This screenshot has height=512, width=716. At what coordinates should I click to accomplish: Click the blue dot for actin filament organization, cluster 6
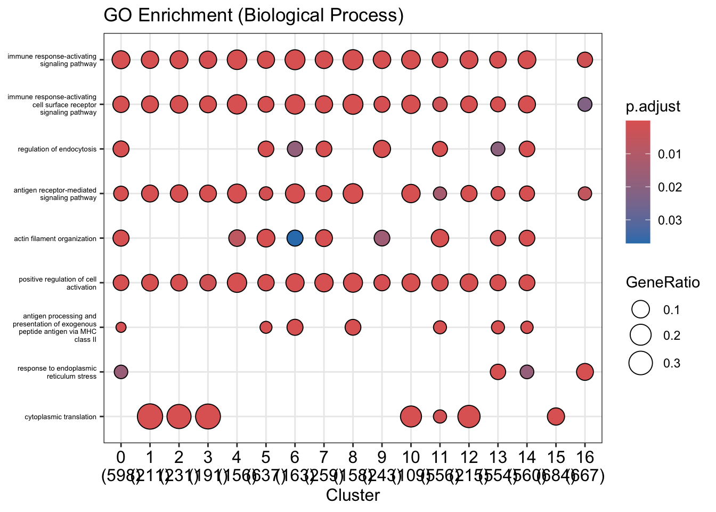[x=295, y=238]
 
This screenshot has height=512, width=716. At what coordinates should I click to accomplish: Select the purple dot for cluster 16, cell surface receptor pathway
[x=585, y=104]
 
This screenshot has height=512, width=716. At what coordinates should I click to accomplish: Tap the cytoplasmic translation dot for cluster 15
[x=556, y=417]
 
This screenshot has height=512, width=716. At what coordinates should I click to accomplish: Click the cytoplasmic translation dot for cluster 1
[x=150, y=417]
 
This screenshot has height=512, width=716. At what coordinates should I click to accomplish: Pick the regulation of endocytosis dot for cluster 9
[x=381, y=149]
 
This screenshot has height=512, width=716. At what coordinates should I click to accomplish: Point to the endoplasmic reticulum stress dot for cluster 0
[x=121, y=372]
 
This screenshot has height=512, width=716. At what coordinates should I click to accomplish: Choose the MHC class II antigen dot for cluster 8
[x=353, y=327]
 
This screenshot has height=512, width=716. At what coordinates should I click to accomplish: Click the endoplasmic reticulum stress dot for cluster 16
[x=585, y=372]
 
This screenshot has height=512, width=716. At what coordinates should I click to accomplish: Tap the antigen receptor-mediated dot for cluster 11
[x=440, y=193]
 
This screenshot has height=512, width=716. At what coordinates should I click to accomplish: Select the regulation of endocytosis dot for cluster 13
[x=498, y=149]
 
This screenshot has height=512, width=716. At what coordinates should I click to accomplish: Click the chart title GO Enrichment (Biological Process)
[x=254, y=15]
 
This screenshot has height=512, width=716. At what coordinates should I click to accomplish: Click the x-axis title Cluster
[x=353, y=495]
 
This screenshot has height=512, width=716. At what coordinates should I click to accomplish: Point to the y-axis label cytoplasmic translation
[x=60, y=417]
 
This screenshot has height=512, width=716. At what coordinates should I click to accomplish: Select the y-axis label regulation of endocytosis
[x=57, y=149]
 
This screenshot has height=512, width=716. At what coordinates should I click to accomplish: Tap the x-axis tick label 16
[x=585, y=458]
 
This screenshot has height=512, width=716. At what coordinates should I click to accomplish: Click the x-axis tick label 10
[x=410, y=458]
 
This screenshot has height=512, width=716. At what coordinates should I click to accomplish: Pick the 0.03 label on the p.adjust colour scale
[x=669, y=220]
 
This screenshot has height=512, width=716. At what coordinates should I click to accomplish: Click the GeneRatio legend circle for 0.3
[x=641, y=363]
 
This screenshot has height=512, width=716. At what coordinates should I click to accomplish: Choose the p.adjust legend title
[x=653, y=107]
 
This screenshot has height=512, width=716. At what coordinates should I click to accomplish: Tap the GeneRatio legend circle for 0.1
[x=641, y=309]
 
